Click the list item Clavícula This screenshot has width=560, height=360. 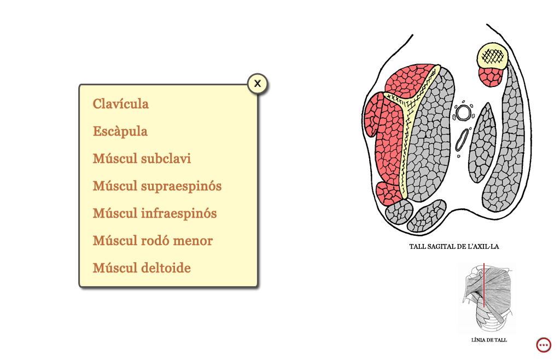(x=121, y=104)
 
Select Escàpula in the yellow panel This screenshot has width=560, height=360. (x=120, y=131)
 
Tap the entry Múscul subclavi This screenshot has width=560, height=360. (x=142, y=159)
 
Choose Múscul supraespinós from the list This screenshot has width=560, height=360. (x=157, y=186)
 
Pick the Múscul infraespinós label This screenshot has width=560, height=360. (x=155, y=213)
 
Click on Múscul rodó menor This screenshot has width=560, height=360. (x=153, y=241)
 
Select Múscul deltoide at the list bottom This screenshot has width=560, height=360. (x=142, y=268)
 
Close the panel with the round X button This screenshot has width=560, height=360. (x=257, y=84)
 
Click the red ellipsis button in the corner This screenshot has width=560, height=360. (x=544, y=345)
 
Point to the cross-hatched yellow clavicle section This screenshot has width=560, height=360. (x=493, y=56)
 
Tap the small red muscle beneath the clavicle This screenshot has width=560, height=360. (x=491, y=77)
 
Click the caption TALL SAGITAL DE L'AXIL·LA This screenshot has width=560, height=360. (x=454, y=246)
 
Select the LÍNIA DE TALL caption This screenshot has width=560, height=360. (x=489, y=340)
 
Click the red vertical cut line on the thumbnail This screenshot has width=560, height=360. (x=484, y=285)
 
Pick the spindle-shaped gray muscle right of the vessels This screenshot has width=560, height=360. (x=482, y=143)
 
